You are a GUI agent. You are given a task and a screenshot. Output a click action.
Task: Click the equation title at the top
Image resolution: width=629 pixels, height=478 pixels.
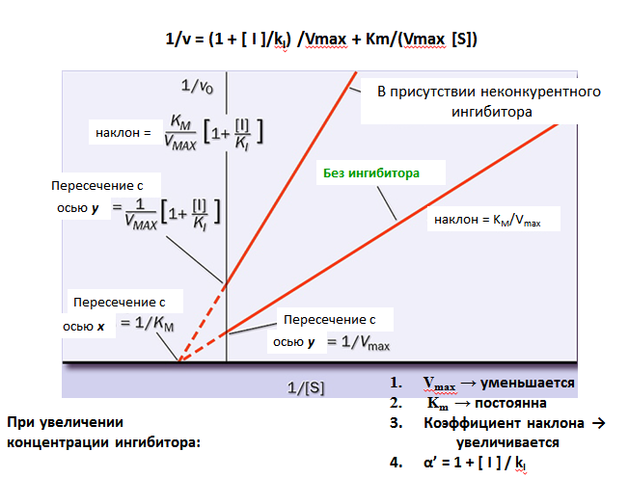[x=321, y=40]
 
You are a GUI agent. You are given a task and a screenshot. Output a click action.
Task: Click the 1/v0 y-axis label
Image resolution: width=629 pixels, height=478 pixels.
[x=197, y=86]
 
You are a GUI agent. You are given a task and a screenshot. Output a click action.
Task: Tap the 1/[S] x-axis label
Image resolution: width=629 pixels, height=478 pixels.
[x=306, y=387]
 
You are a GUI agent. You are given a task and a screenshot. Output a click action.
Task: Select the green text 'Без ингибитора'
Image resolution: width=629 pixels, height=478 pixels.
[x=371, y=173]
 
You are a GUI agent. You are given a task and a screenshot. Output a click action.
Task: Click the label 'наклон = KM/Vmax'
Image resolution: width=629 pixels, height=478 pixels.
[x=487, y=220]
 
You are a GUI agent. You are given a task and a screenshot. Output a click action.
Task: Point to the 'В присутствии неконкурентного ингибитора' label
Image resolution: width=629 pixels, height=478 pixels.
[x=489, y=102]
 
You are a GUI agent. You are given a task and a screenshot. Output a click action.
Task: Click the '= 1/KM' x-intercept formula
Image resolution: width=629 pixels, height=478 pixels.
[x=148, y=324]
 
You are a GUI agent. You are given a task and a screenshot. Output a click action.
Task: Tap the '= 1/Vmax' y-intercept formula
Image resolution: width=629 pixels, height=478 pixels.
[x=358, y=342]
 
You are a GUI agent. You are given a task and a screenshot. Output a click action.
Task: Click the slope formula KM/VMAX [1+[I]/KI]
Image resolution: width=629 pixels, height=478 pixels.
[x=214, y=133]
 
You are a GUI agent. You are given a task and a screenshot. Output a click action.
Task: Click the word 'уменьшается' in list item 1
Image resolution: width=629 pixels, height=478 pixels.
[x=528, y=383]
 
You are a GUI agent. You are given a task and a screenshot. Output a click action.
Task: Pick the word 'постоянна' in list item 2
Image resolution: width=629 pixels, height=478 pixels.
[x=510, y=403]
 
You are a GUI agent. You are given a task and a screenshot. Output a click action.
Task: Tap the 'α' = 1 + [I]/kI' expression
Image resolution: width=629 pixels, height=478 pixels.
[x=475, y=463]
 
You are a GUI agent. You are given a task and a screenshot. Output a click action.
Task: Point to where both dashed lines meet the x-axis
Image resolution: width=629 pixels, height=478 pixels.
[x=179, y=360]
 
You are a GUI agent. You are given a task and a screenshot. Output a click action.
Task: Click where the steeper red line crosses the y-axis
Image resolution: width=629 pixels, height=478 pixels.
[x=227, y=283]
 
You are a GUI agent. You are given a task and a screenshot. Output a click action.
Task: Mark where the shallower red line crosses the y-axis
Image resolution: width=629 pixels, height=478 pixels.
[x=227, y=332]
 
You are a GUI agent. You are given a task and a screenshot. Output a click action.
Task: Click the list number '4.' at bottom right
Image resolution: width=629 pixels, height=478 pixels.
[x=396, y=463]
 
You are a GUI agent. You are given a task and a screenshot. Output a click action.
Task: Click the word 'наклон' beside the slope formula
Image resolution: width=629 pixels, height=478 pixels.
[x=118, y=133]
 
